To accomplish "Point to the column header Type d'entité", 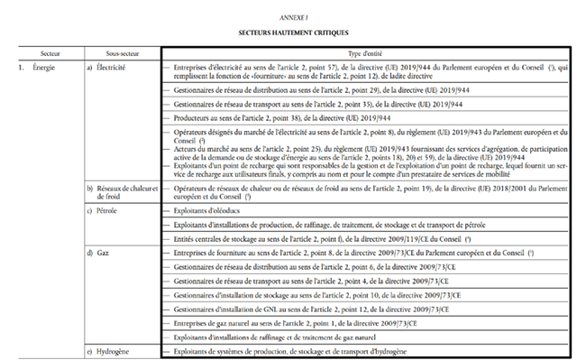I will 367,55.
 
